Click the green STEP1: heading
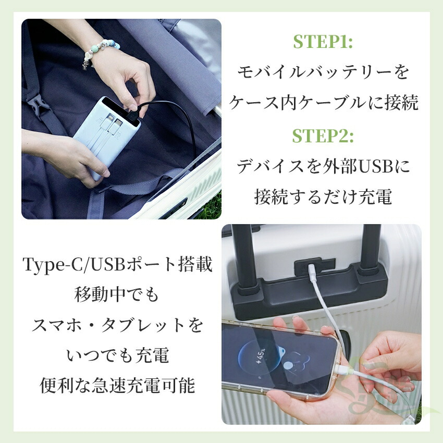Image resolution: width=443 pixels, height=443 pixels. pos(323,42)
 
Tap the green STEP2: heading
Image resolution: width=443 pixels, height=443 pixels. pos(323,136)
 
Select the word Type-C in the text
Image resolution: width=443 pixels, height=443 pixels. pos(55,265)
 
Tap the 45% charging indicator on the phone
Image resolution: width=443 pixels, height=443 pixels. pos(260,355)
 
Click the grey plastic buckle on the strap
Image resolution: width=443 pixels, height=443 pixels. pos(38,105)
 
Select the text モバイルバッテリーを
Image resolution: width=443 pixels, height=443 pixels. pos(323,72)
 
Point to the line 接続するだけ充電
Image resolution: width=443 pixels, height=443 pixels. pos(323,196)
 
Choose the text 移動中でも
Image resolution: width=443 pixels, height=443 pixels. pos(116,294)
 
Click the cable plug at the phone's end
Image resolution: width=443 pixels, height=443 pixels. pos(343,369)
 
